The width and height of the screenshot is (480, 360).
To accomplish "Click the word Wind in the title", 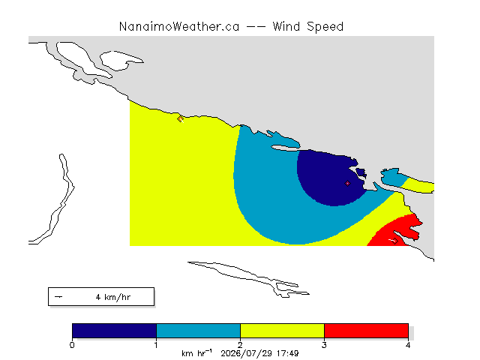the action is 286,26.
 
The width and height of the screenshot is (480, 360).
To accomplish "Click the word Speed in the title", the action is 325,27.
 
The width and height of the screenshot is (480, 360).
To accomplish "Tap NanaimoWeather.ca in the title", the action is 179,27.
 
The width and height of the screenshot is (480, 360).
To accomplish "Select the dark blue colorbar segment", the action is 114,331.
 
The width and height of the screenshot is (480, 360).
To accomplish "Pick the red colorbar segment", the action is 366,331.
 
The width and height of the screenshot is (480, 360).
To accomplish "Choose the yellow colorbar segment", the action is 282,331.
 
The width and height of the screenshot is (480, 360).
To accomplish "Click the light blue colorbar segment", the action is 198,331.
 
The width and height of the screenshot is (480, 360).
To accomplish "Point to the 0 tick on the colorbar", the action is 72,345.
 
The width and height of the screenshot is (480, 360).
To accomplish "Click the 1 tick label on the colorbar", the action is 156,345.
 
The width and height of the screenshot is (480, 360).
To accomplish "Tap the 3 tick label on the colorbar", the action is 324,345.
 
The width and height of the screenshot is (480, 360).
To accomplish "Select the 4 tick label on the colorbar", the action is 408,345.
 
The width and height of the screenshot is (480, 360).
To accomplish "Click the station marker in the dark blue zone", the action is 347,183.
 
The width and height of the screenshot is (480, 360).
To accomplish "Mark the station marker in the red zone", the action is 395,241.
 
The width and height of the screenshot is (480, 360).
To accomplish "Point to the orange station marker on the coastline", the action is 180,118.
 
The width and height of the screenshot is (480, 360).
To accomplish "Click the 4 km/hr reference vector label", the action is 113,297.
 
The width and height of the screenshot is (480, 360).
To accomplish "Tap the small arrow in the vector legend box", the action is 58,297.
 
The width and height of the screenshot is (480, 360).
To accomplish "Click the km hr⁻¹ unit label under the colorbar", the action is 196,353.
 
